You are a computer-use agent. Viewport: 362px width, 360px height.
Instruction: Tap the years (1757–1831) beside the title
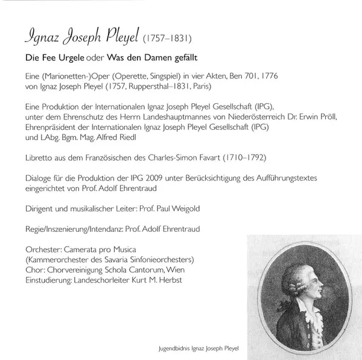pos(166,40)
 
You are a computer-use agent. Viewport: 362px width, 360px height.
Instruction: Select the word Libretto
pos(37,157)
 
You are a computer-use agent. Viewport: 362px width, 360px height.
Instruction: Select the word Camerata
pos(87,250)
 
